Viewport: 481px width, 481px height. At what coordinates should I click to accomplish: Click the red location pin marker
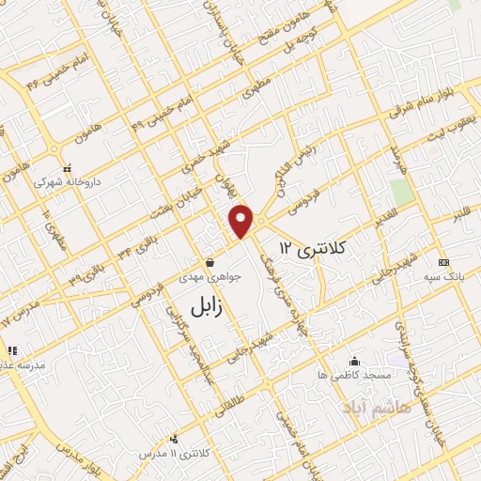[x=242, y=220]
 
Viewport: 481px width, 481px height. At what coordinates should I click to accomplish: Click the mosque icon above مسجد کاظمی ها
[x=354, y=361]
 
